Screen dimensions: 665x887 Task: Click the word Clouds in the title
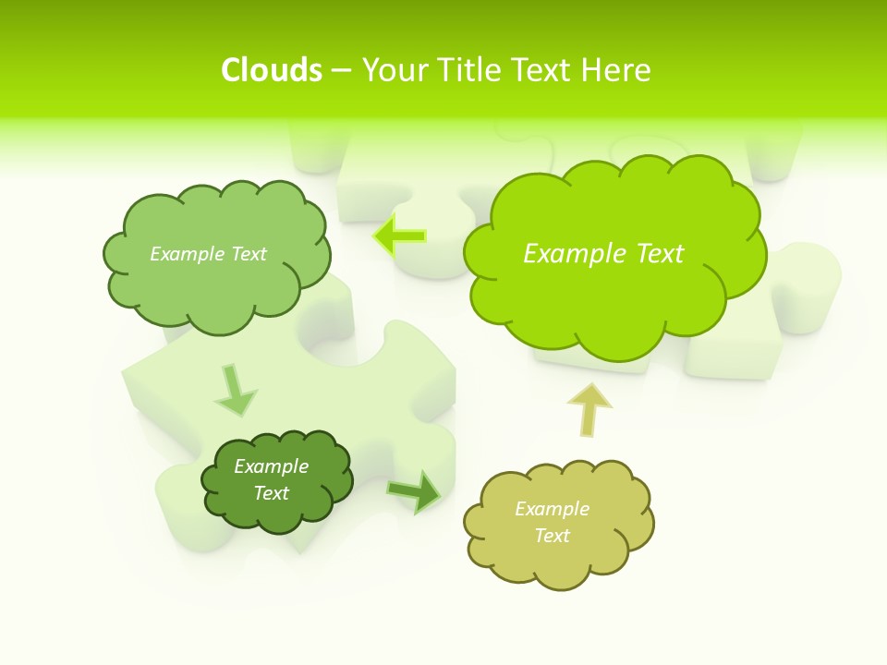click(272, 70)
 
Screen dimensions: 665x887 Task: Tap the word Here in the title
click(617, 70)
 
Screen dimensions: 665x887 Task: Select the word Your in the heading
click(395, 70)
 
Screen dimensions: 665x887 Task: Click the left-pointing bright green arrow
click(400, 236)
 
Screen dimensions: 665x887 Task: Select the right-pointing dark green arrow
click(414, 491)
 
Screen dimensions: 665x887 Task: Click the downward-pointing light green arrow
click(235, 390)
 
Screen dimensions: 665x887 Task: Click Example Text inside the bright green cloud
click(603, 254)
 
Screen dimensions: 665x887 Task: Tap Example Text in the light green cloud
click(208, 254)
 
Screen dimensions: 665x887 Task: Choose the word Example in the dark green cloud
click(271, 466)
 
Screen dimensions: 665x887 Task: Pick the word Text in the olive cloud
click(552, 536)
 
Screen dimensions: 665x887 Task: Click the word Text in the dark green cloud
click(271, 493)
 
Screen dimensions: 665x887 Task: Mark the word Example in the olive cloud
click(552, 509)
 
